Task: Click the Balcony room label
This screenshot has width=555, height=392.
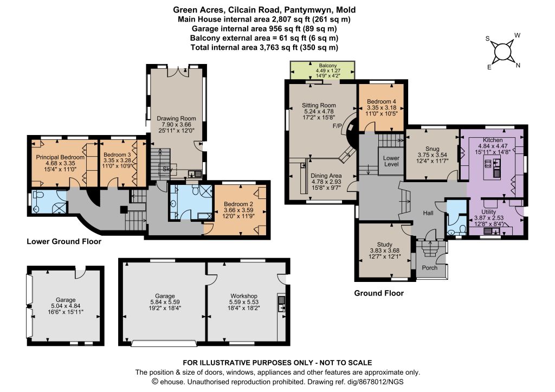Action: pyautogui.click(x=328, y=66)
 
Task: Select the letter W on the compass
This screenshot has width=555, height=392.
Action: pyautogui.click(x=517, y=35)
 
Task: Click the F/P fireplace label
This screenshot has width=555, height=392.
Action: pyautogui.click(x=338, y=126)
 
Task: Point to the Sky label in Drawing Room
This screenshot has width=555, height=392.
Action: pyautogui.click(x=167, y=169)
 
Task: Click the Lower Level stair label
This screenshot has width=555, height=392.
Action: pyautogui.click(x=391, y=161)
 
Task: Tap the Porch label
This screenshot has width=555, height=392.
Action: pyautogui.click(x=430, y=268)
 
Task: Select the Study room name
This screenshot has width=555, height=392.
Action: pyautogui.click(x=385, y=245)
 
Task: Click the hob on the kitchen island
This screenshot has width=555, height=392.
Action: pyautogui.click(x=488, y=163)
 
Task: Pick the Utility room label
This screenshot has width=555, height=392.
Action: pyautogui.click(x=488, y=212)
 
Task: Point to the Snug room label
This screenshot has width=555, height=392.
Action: pyautogui.click(x=433, y=149)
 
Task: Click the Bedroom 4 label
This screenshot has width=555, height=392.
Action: pyautogui.click(x=382, y=101)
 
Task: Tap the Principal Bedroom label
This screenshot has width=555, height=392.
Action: pyautogui.click(x=60, y=157)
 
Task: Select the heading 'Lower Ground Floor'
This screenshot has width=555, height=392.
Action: pyautogui.click(x=64, y=241)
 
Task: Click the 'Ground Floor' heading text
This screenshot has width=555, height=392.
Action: pyautogui.click(x=379, y=293)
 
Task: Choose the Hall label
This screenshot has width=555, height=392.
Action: pyautogui.click(x=428, y=213)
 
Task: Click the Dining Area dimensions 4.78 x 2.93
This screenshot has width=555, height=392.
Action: pyautogui.click(x=326, y=182)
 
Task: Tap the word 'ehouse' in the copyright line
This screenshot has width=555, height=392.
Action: pyautogui.click(x=172, y=382)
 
